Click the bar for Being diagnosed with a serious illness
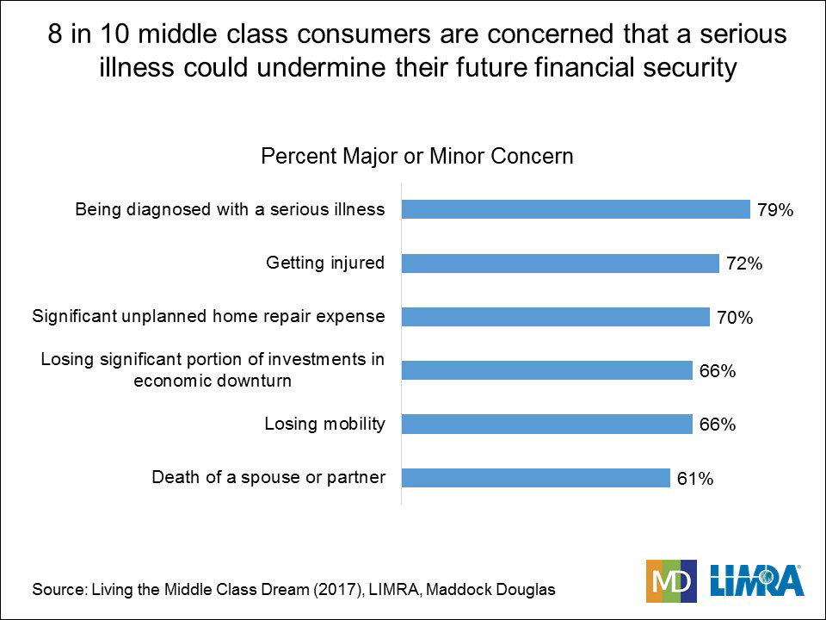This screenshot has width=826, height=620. [576, 209]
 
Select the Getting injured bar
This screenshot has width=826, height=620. [560, 263]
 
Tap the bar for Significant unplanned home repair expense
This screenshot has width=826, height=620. [556, 317]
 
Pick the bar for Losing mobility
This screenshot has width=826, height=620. [547, 424]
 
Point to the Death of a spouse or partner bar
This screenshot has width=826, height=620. [536, 477]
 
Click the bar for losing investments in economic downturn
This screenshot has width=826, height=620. [547, 370]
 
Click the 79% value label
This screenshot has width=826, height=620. [774, 210]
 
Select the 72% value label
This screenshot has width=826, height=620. [744, 263]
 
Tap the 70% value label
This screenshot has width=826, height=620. [735, 318]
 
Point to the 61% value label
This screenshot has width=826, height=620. [695, 478]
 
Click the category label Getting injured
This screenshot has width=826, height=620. [326, 263]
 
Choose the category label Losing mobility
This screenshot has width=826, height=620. [324, 424]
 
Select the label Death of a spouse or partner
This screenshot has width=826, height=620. [268, 477]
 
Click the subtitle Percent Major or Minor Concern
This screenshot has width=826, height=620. [417, 157]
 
